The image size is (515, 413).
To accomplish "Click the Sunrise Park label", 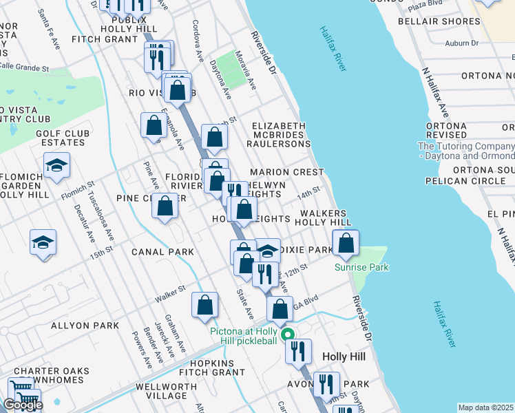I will (x=362, y=267).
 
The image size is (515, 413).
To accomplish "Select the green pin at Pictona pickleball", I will (x=288, y=337).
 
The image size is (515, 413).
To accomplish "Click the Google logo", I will (x=23, y=405).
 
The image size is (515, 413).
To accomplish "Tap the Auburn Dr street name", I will (x=461, y=43).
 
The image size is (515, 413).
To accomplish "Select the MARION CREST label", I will (x=286, y=172).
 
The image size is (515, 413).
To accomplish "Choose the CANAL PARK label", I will (x=163, y=252).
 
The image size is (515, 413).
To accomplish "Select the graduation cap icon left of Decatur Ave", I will (x=43, y=242).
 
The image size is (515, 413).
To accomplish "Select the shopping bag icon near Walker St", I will (x=204, y=305).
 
